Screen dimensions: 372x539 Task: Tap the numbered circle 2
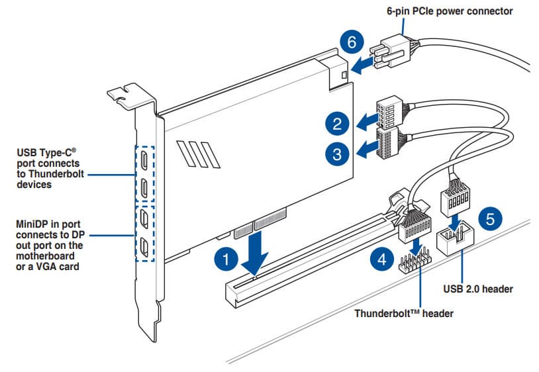tap(337, 123)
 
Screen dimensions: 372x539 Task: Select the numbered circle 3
tap(337, 154)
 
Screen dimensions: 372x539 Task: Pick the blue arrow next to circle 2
tap(365, 122)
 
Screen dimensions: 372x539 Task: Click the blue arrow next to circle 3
tap(365, 151)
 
